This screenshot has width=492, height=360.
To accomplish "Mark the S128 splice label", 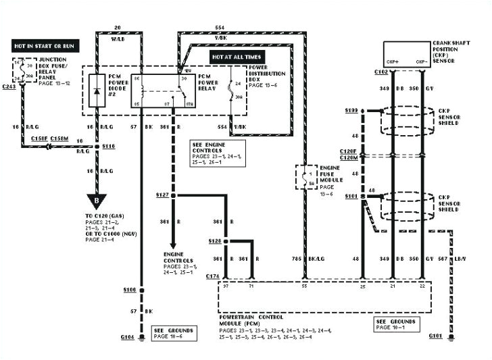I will (216, 240).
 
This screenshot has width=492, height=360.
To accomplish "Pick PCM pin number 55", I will (305, 287).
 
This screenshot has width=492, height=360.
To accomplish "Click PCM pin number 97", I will (226, 287).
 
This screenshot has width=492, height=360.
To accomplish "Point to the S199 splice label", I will (351, 109).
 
